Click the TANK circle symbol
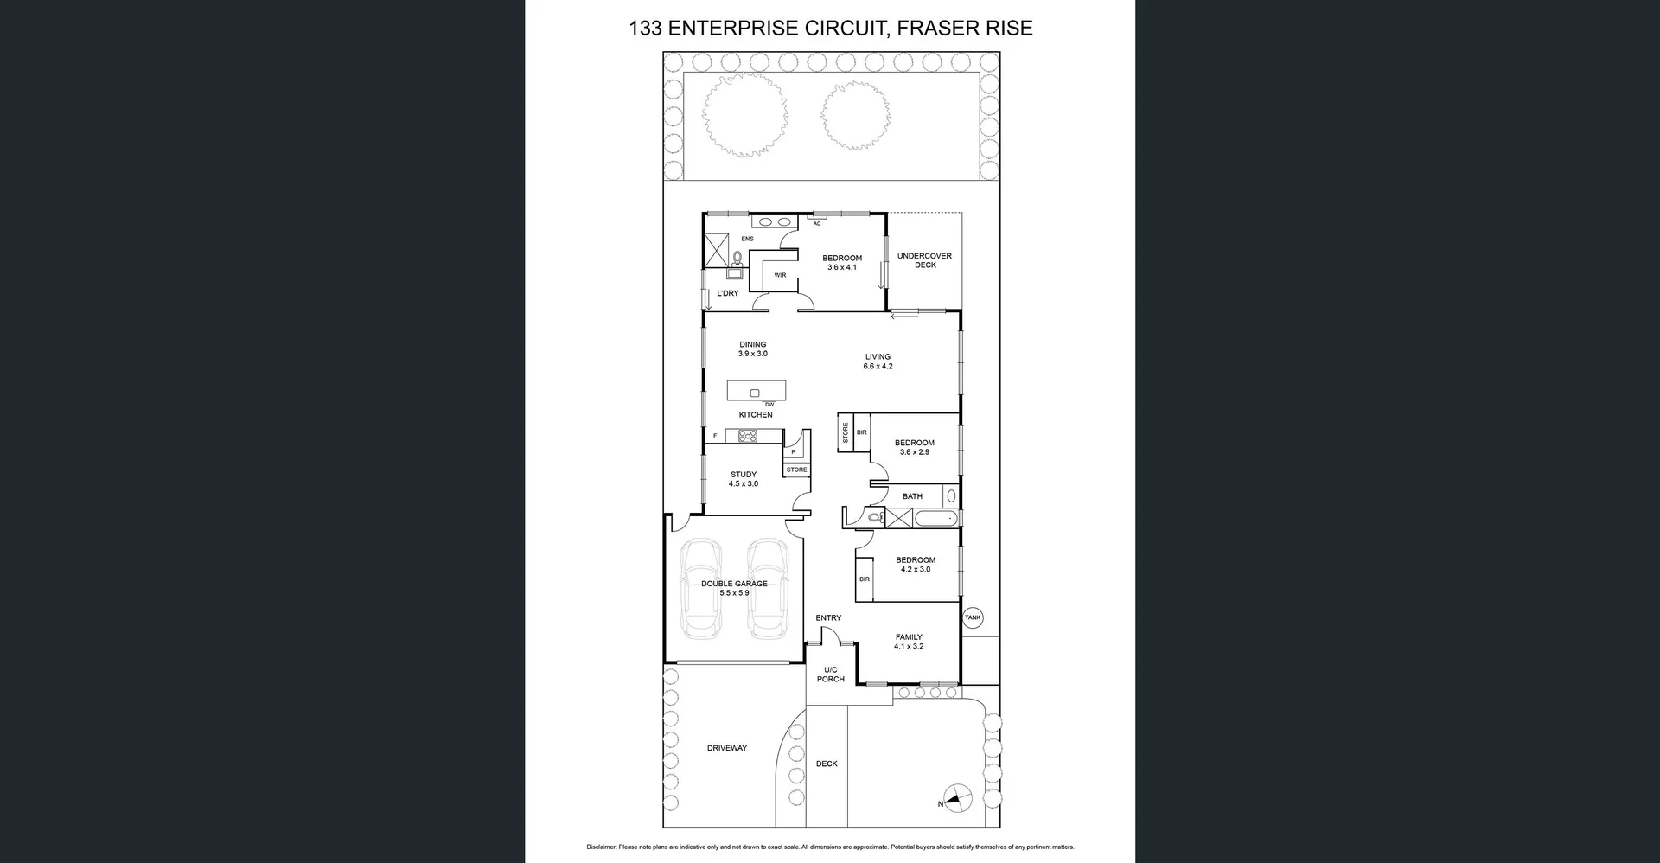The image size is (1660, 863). (x=973, y=617)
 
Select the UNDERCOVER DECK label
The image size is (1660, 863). (x=924, y=260)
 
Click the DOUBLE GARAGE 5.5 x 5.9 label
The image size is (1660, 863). (x=734, y=588)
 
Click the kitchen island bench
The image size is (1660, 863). (x=757, y=391)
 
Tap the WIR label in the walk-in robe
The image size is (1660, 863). (x=780, y=275)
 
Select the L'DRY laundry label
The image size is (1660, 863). (x=728, y=293)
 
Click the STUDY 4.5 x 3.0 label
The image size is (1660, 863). (x=744, y=479)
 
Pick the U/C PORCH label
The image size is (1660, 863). (x=830, y=674)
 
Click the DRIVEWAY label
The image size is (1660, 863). (x=726, y=748)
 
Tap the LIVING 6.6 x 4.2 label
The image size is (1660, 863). (x=878, y=361)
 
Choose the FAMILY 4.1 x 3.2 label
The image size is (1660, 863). (x=909, y=642)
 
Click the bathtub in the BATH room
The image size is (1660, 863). (x=936, y=519)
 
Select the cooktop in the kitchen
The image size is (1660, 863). (x=748, y=437)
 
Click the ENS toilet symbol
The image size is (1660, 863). (x=737, y=257)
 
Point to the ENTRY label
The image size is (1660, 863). (x=828, y=617)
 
